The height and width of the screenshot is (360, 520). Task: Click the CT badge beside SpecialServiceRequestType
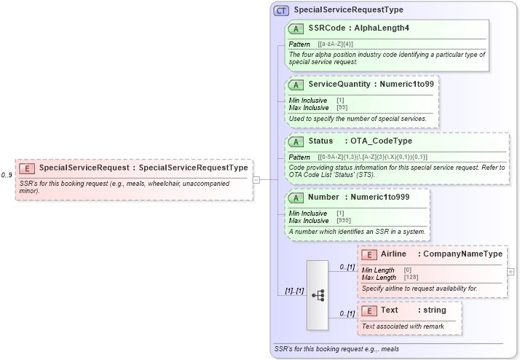pos(281,10)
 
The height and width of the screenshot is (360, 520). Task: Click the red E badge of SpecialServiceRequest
pos(27,168)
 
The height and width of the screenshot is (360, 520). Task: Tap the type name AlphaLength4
pos(383,28)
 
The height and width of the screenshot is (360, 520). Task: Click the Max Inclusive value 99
pos(342,107)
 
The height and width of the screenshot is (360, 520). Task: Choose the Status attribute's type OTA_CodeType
pos(381,141)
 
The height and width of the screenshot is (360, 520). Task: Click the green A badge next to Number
pos(296,197)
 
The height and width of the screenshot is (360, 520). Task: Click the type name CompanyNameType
pos(462,254)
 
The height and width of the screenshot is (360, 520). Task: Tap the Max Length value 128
pos(412,278)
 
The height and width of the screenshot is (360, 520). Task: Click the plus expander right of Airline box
pos(511,271)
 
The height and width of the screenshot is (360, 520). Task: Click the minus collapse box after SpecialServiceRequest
pos(256,179)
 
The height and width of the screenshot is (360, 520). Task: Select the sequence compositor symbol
pos(318,295)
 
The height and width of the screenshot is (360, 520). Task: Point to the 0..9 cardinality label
pos(7,175)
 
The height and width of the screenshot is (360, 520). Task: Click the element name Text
pos(389,310)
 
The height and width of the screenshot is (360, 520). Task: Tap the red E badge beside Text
pos(369,310)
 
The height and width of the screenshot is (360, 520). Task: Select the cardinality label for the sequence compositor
pos(294,291)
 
